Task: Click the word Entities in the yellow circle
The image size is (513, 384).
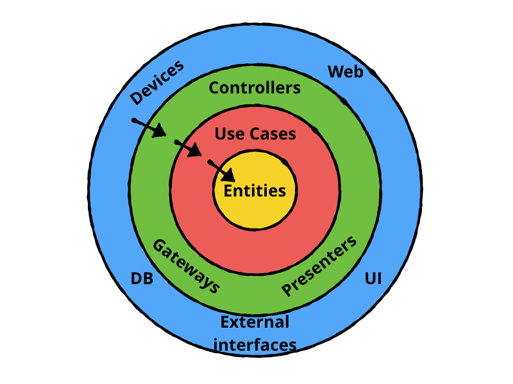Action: pyautogui.click(x=255, y=190)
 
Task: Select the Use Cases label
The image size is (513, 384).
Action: pyautogui.click(x=255, y=134)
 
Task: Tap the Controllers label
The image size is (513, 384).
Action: pyautogui.click(x=255, y=88)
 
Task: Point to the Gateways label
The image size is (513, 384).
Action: pyautogui.click(x=186, y=266)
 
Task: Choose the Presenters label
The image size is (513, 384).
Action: pyautogui.click(x=319, y=266)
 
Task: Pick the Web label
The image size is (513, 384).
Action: pyautogui.click(x=346, y=72)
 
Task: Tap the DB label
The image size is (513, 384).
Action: pyautogui.click(x=142, y=279)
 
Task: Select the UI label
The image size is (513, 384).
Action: pyautogui.click(x=373, y=279)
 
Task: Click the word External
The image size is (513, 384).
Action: pyautogui.click(x=255, y=322)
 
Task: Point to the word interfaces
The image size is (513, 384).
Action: pyautogui.click(x=255, y=345)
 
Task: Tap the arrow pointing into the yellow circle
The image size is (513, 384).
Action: pyautogui.click(x=222, y=171)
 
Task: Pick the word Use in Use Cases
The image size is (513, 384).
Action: pyautogui.click(x=228, y=134)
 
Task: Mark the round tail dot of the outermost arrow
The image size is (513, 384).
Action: pyautogui.click(x=134, y=120)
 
